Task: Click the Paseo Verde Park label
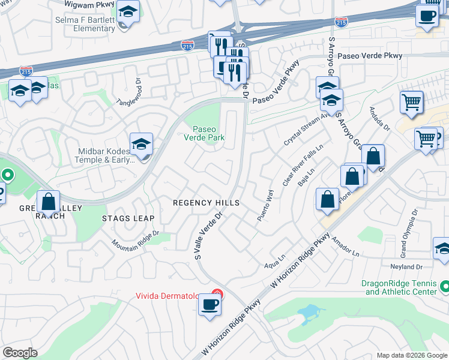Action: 208,133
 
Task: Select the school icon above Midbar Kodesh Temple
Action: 141,144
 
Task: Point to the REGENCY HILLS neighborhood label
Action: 206,203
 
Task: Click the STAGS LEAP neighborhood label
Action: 128,218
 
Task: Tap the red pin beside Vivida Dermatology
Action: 217,295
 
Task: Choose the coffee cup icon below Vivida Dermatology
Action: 209,304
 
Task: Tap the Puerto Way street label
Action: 265,206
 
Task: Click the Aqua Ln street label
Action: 274,264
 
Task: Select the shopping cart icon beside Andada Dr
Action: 411,103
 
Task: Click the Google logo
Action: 20,353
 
